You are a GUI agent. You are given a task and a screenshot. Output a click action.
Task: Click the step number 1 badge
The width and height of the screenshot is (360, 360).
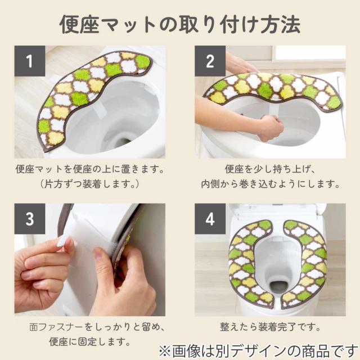pyautogui.click(x=30, y=61)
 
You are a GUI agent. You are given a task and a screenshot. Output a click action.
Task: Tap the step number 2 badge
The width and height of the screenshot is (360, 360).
pyautogui.click(x=210, y=61)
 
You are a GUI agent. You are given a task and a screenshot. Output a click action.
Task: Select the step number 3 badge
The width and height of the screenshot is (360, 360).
pyautogui.click(x=30, y=219)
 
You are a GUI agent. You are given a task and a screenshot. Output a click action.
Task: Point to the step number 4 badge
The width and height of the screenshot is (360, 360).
pyautogui.click(x=210, y=219)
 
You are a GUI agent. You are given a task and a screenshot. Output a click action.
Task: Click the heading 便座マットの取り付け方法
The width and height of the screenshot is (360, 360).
pyautogui.click(x=180, y=25)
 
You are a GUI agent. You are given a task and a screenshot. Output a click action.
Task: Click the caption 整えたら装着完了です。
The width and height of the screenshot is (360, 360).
pyautogui.click(x=270, y=327)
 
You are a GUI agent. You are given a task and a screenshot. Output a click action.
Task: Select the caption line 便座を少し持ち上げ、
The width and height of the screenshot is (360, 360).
pyautogui.click(x=270, y=169)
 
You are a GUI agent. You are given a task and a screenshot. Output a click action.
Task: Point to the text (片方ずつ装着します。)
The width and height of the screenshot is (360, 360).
pyautogui.click(x=90, y=184)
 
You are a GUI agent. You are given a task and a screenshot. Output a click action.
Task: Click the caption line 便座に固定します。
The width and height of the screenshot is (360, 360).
pyautogui.click(x=90, y=341)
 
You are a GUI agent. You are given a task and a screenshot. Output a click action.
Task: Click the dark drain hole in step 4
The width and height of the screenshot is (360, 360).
pyautogui.click(x=278, y=287)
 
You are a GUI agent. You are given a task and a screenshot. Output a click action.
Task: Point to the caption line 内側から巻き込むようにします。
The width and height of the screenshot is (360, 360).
pyautogui.click(x=270, y=184)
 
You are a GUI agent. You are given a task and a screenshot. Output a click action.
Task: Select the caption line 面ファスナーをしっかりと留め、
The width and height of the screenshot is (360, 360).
pyautogui.click(x=96, y=327)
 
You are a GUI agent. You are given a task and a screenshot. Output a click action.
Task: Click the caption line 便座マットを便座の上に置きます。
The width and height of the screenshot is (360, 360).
pyautogui.click(x=90, y=169)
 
